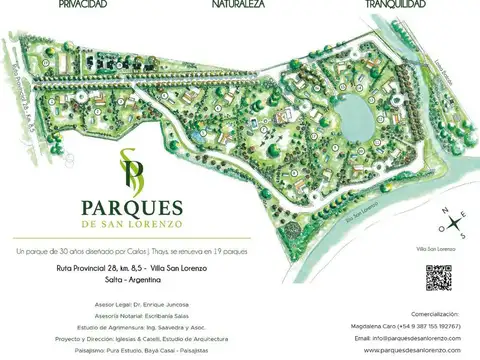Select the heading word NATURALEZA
pyautogui.click(x=237, y=5)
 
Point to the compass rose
pyautogui.click(x=454, y=221)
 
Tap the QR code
pyautogui.click(x=438, y=277)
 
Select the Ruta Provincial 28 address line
pyautogui.click(x=132, y=269)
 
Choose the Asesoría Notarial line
pyautogui.click(x=143, y=315)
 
